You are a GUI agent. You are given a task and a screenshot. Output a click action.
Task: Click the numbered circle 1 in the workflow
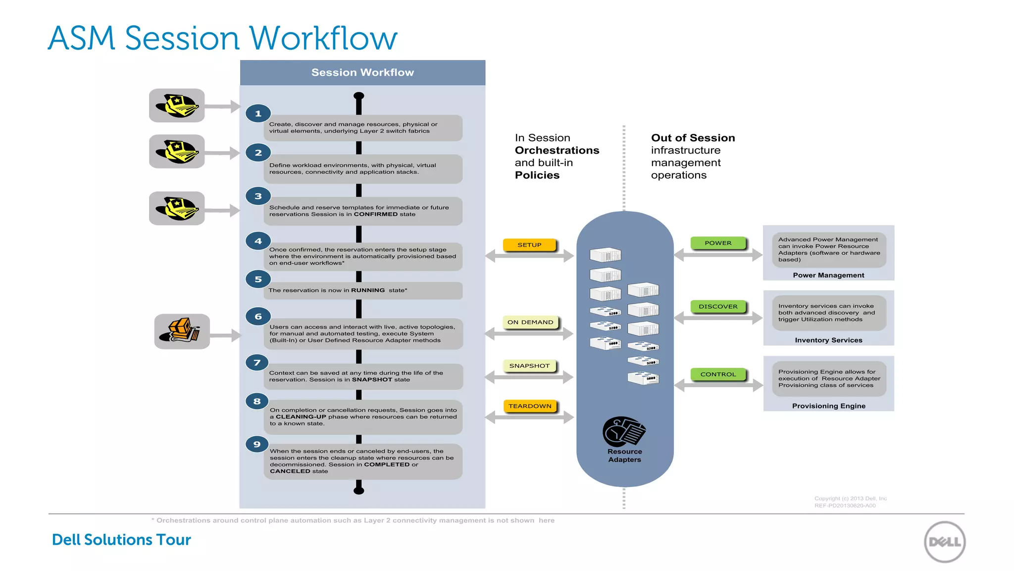click(x=258, y=114)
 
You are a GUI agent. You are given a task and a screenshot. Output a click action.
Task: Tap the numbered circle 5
click(x=258, y=280)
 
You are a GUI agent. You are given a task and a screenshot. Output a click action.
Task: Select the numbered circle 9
click(x=257, y=444)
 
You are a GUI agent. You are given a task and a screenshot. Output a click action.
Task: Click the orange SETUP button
click(x=529, y=245)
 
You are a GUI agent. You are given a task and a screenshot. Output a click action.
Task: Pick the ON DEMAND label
click(x=530, y=322)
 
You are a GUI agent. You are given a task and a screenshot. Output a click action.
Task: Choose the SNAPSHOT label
click(x=529, y=366)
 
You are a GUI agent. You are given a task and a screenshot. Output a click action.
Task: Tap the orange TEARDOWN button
click(x=530, y=406)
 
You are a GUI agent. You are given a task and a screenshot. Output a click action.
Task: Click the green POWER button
click(x=718, y=243)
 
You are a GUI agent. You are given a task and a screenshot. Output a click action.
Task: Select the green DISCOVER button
click(x=718, y=306)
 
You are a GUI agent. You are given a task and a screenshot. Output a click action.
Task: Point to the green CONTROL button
click(x=718, y=374)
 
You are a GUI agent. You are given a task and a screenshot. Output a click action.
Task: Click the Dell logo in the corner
click(x=945, y=542)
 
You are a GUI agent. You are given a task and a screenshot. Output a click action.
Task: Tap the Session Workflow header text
click(x=362, y=72)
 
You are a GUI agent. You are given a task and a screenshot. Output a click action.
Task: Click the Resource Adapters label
click(x=624, y=456)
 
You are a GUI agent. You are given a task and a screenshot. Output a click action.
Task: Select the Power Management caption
click(x=828, y=275)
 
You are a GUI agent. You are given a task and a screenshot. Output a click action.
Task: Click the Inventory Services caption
click(x=828, y=340)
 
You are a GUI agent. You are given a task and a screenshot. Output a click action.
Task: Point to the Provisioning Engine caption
click(x=828, y=406)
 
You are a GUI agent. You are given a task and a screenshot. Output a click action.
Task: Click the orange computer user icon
click(x=181, y=331)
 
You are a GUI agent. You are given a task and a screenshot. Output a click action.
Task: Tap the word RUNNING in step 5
click(x=367, y=290)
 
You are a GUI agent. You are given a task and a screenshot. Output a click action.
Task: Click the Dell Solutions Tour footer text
click(x=121, y=540)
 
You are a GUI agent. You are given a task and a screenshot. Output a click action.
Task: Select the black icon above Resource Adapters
click(x=624, y=431)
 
